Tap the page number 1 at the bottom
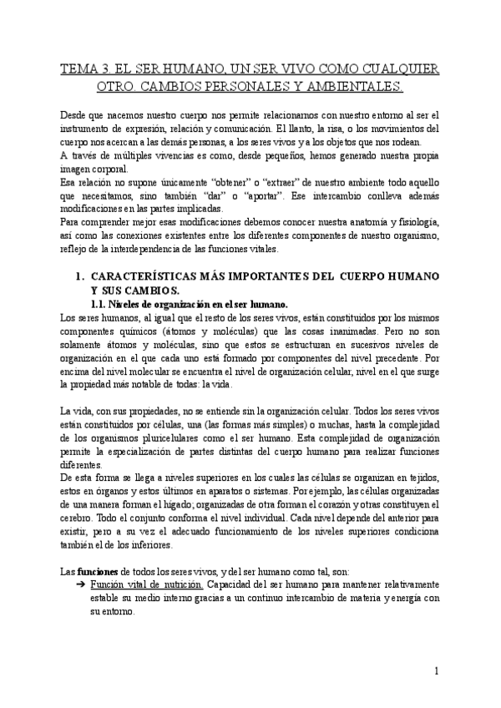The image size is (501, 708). tap(438, 670)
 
